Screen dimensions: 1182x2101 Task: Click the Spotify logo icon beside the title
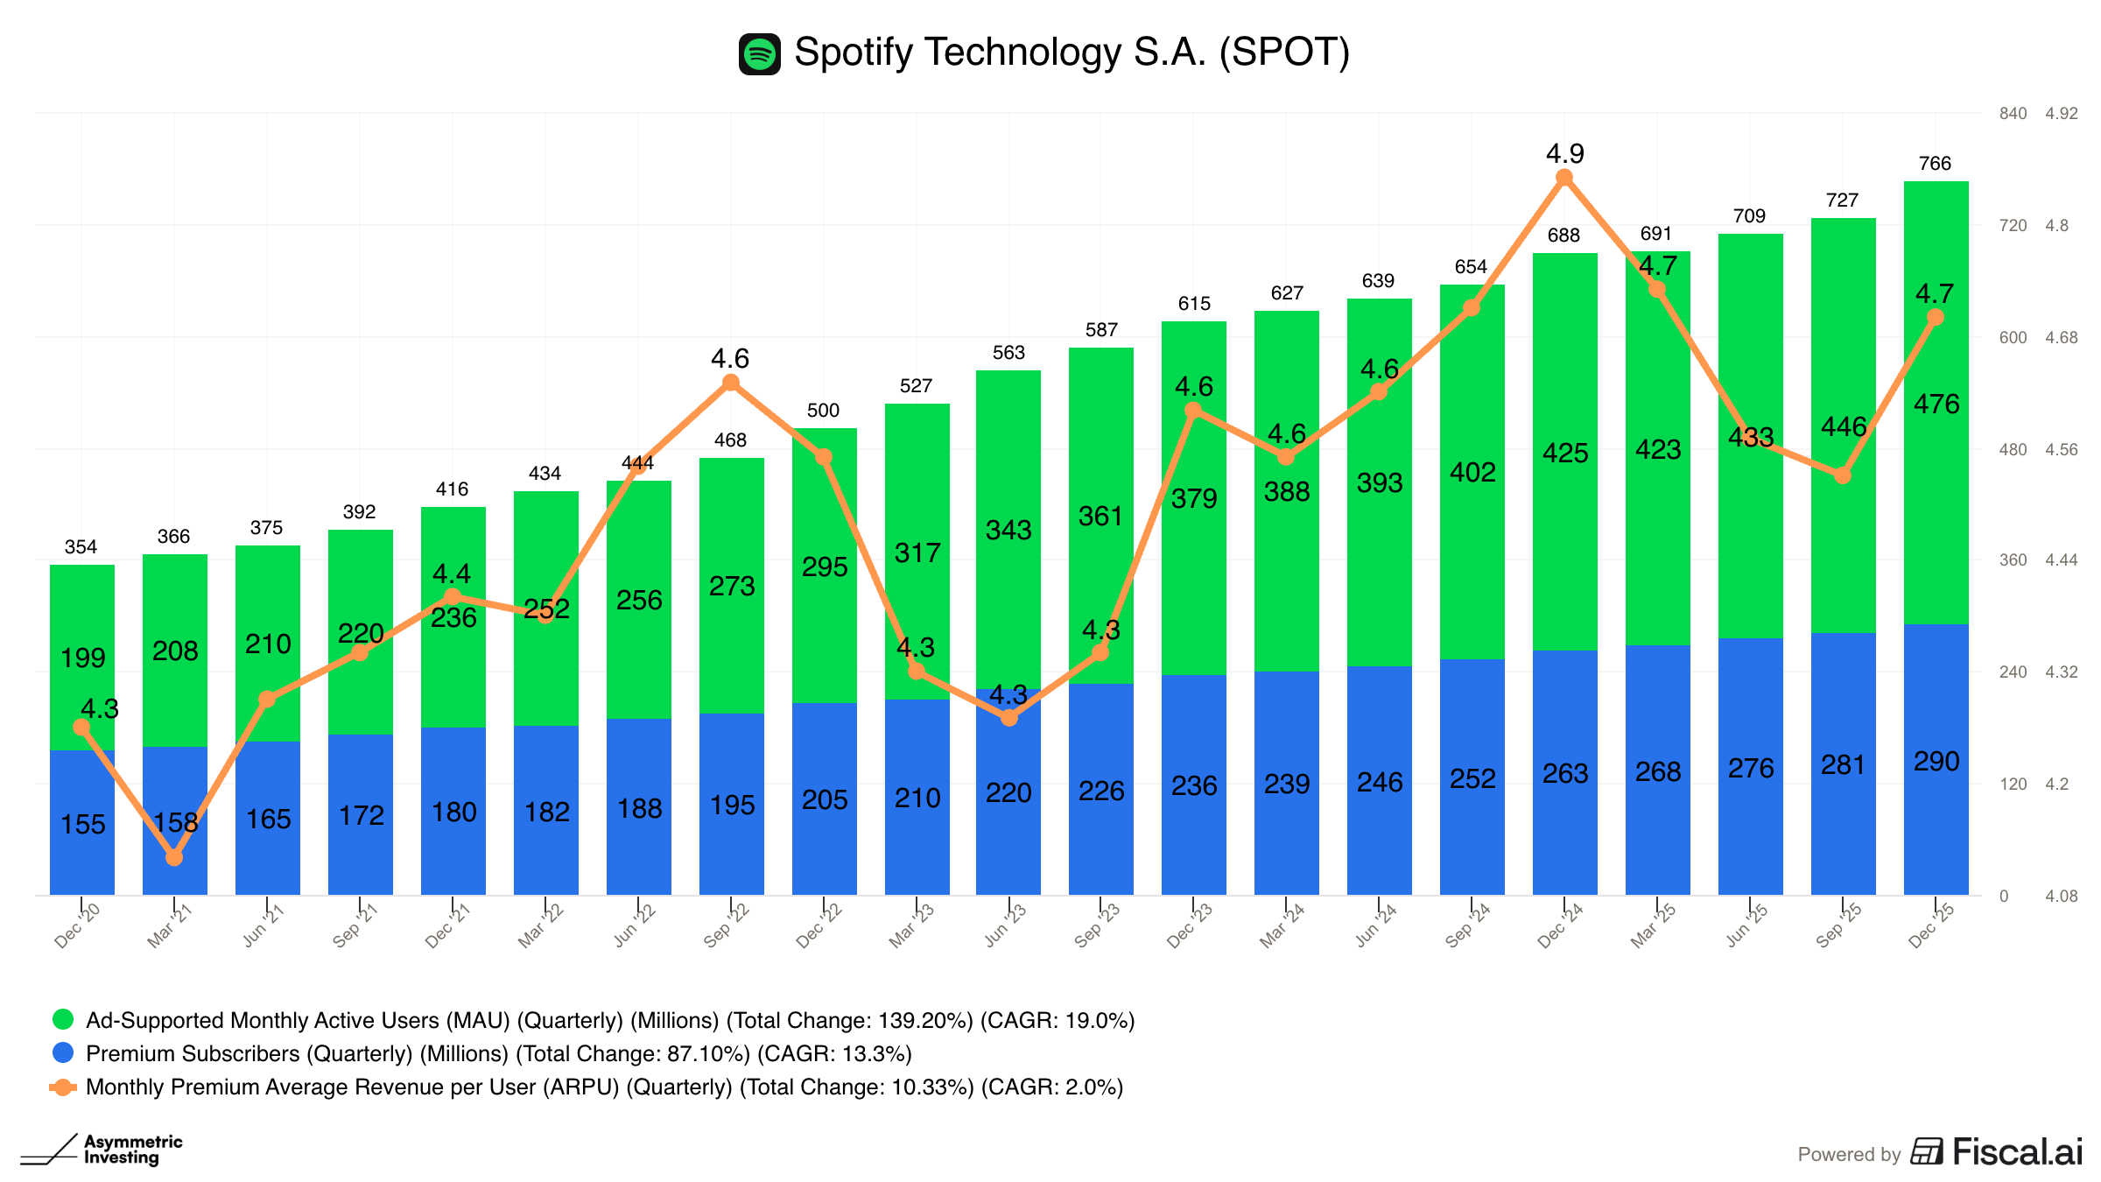[x=759, y=54]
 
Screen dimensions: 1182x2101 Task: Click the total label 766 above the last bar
[x=1935, y=164]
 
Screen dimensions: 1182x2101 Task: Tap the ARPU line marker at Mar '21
[x=174, y=857]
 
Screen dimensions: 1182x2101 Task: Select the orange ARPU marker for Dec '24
[x=1564, y=178]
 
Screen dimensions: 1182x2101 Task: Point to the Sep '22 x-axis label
[x=727, y=925]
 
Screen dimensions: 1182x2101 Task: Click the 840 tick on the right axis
[x=2013, y=114]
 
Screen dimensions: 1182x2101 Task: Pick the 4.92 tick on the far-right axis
[x=2061, y=114]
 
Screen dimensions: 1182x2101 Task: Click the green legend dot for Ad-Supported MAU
[x=63, y=1019]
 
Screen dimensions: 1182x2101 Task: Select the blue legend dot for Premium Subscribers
[x=63, y=1052]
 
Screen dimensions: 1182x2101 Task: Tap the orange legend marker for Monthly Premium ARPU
[x=63, y=1087]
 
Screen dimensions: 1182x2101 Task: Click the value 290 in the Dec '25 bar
[x=1936, y=762]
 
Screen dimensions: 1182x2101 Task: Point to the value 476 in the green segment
[x=1936, y=405]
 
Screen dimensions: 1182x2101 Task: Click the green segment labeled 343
[x=1008, y=531]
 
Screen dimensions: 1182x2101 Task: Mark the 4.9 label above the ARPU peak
[x=1564, y=154]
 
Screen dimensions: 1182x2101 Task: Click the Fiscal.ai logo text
[x=2017, y=1152]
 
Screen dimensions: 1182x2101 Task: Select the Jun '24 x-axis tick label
[x=1376, y=925]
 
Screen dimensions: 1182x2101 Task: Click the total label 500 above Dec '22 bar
[x=823, y=411]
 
